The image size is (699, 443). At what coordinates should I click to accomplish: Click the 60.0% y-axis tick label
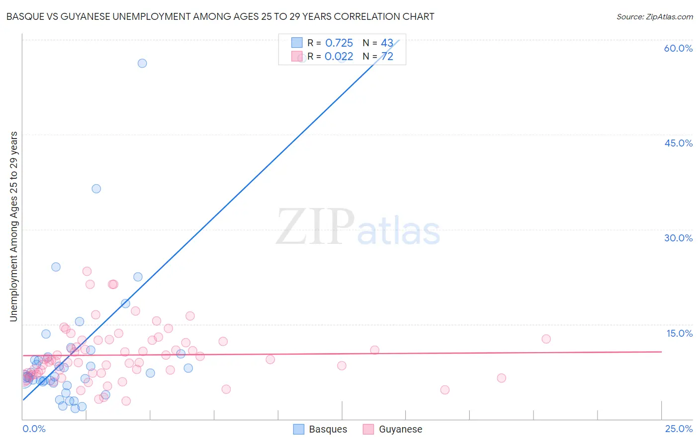(x=678, y=48)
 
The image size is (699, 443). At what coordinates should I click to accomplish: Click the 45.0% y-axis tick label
(x=678, y=143)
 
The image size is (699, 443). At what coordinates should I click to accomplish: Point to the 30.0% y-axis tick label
(x=678, y=238)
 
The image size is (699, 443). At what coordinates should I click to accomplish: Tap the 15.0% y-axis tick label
(x=679, y=333)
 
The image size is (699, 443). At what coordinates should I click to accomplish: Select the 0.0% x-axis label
(x=34, y=429)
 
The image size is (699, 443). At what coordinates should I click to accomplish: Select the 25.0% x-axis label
(x=679, y=429)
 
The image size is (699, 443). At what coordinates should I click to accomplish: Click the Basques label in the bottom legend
(x=328, y=430)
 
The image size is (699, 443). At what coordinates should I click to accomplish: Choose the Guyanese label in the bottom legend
(x=400, y=430)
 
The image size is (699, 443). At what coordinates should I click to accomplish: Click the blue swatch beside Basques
(x=298, y=430)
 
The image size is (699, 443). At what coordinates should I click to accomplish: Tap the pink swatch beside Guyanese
(x=368, y=430)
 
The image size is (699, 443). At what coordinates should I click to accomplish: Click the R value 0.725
(x=339, y=43)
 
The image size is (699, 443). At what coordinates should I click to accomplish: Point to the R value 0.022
(x=339, y=57)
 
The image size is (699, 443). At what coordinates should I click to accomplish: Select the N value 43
(x=387, y=43)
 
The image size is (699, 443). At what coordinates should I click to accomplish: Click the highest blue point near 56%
(x=142, y=63)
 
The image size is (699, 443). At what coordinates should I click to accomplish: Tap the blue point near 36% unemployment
(x=96, y=189)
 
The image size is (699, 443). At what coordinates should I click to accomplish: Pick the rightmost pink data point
(x=546, y=339)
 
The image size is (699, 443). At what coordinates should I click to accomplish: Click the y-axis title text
(x=14, y=226)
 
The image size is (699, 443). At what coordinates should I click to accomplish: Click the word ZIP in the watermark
(x=315, y=227)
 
